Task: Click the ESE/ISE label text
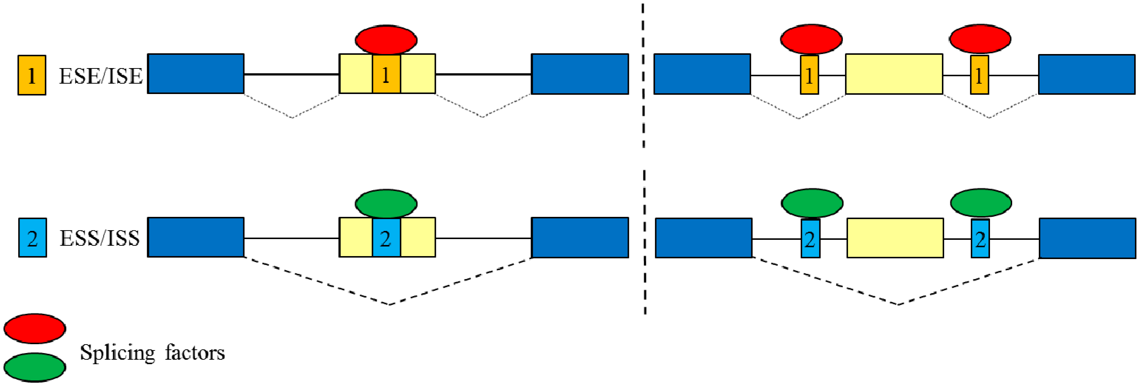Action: pyautogui.click(x=101, y=76)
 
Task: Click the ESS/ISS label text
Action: pyautogui.click(x=100, y=238)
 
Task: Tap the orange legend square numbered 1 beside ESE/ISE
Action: pyautogui.click(x=32, y=75)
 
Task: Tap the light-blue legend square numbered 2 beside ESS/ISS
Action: pyautogui.click(x=32, y=238)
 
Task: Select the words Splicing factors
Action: pyautogui.click(x=152, y=353)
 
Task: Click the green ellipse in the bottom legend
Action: pyautogui.click(x=34, y=367)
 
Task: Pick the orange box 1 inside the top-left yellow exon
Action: pyautogui.click(x=386, y=74)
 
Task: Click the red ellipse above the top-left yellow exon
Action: pyautogui.click(x=386, y=39)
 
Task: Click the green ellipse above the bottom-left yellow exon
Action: pyautogui.click(x=386, y=204)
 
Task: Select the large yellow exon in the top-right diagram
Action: pyautogui.click(x=894, y=74)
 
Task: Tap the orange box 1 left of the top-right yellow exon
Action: pyautogui.click(x=809, y=75)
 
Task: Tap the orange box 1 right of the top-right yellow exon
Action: pyautogui.click(x=979, y=75)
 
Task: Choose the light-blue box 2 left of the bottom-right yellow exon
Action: pyautogui.click(x=810, y=239)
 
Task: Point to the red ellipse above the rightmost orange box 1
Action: pyautogui.click(x=980, y=38)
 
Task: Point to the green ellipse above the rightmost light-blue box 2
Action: pyautogui.click(x=981, y=203)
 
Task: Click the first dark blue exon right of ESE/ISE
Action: pyautogui.click(x=196, y=74)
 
